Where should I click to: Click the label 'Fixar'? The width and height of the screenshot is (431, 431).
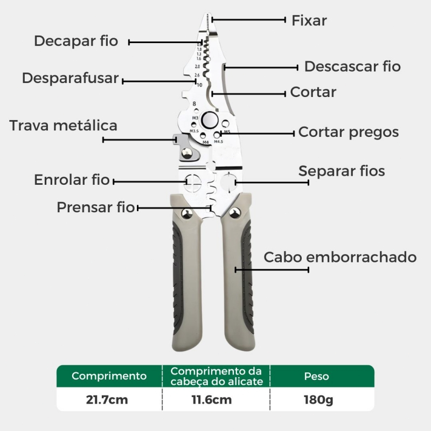pyautogui.click(x=309, y=20)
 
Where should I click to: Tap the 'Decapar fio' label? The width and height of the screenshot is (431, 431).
pyautogui.click(x=76, y=41)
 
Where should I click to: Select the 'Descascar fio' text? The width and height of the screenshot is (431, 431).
pyautogui.click(x=352, y=66)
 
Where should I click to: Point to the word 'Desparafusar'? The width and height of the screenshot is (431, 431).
pyautogui.click(x=71, y=78)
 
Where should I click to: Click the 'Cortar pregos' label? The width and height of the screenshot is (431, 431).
pyautogui.click(x=348, y=132)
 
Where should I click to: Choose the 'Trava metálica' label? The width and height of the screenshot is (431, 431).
pyautogui.click(x=63, y=126)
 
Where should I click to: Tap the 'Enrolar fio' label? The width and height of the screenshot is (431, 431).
pyautogui.click(x=72, y=180)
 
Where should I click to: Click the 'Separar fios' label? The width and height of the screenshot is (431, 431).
pyautogui.click(x=342, y=171)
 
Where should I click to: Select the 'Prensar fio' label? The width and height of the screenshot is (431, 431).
pyautogui.click(x=96, y=207)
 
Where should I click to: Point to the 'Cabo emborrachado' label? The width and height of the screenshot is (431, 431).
pyautogui.click(x=340, y=258)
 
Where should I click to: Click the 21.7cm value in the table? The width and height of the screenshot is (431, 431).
pyautogui.click(x=107, y=400)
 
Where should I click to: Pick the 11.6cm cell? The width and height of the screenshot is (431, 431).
pyautogui.click(x=212, y=400)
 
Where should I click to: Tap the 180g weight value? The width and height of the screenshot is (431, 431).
pyautogui.click(x=318, y=400)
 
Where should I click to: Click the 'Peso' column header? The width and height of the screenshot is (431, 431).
pyautogui.click(x=316, y=376)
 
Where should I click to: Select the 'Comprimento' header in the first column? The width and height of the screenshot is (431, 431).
pyautogui.click(x=109, y=376)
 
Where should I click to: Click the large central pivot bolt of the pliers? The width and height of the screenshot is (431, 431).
pyautogui.click(x=210, y=120)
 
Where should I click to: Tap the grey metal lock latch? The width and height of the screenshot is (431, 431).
pyautogui.click(x=186, y=148)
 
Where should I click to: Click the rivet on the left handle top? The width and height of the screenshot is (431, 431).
pyautogui.click(x=187, y=213)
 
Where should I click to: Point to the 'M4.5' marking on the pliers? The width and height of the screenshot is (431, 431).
pyautogui.click(x=219, y=142)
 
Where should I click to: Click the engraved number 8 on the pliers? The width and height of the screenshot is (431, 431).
pyautogui.click(x=194, y=103)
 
